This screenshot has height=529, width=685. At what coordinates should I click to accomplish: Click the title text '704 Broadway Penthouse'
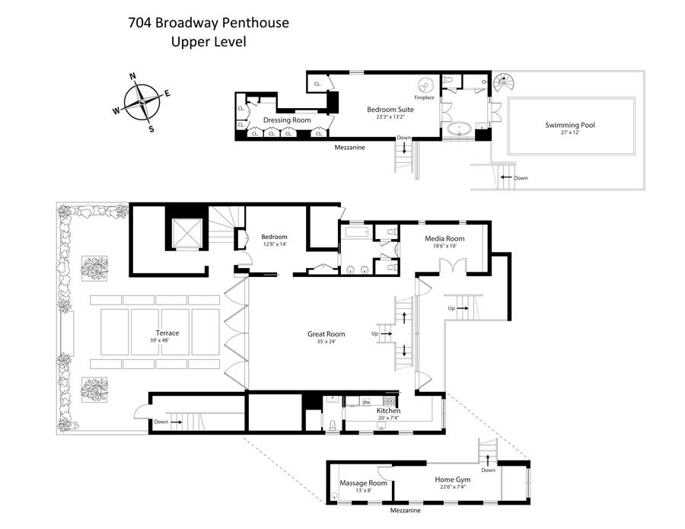coord(208,22)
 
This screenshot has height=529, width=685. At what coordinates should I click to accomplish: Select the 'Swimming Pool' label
coord(570,125)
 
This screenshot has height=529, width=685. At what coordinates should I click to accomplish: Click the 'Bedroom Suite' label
coord(390,109)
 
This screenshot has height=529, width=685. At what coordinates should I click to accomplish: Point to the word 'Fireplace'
coord(424,97)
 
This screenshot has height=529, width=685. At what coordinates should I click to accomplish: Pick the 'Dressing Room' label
coord(287,120)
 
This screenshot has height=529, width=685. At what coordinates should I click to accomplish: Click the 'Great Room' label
coord(326,333)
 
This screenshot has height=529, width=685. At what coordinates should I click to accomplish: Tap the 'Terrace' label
coord(167,333)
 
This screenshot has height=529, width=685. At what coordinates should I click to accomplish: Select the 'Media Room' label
coord(444,239)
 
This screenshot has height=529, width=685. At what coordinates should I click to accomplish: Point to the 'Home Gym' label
coord(453,480)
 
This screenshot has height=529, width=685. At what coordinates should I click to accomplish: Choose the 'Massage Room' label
coord(363,483)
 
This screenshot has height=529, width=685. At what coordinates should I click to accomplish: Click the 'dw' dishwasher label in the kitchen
coord(366,402)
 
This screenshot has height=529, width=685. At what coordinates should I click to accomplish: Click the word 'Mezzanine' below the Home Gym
coord(405,511)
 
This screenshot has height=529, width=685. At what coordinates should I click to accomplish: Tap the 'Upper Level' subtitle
coord(208,42)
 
